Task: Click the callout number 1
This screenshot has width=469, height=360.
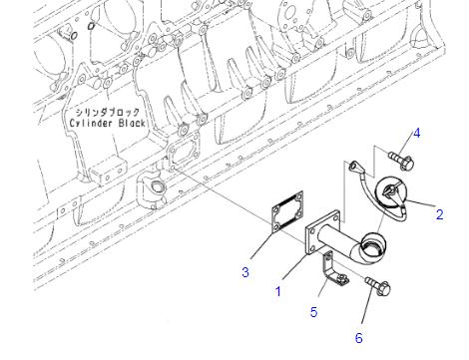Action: coord(278,291)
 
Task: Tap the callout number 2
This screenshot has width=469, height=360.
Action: coord(439,214)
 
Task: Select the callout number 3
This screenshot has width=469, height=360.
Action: coord(245,272)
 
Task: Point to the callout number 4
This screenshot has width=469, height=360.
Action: coord(416,134)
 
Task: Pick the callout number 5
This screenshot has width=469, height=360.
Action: coord(313,312)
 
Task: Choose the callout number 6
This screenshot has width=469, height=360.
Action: coord(358,338)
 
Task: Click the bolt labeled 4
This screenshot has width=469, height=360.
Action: coord(401,161)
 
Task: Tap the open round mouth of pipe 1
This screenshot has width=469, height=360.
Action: coord(373,246)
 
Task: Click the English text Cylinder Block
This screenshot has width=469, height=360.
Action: coord(107,123)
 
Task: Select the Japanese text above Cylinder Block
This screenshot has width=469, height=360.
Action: coord(107,112)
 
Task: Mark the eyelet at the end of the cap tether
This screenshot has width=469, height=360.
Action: coord(353,166)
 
